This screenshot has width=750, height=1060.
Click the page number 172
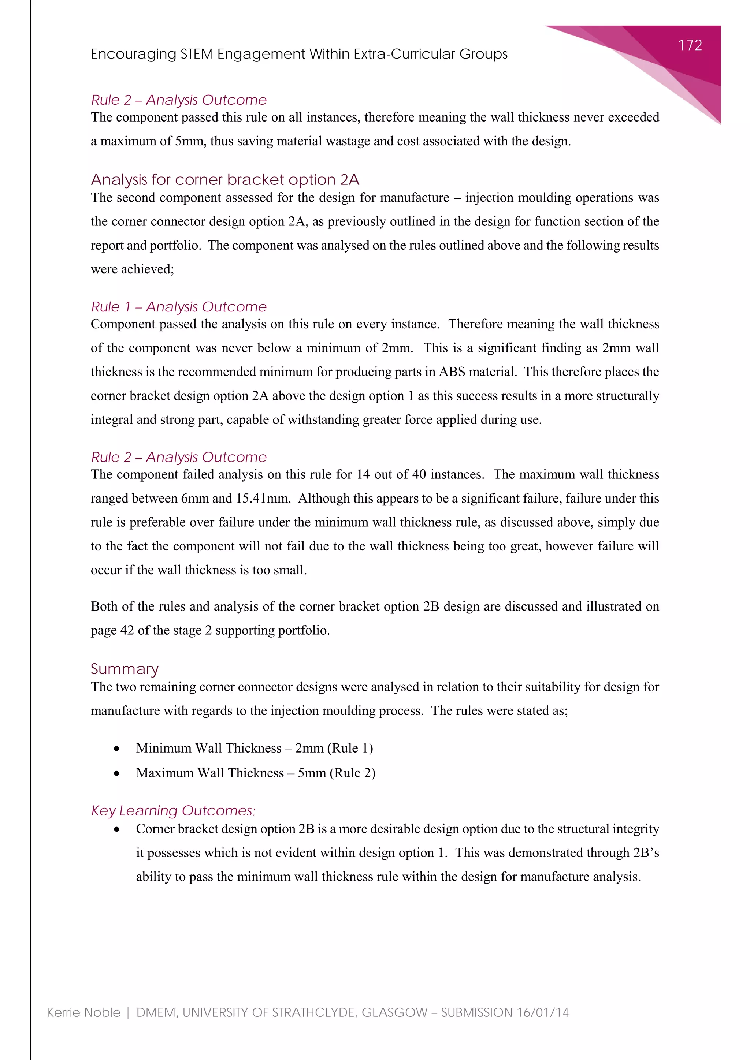point(690,45)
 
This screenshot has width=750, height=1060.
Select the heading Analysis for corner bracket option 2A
point(225,180)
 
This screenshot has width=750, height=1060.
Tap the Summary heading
point(125,669)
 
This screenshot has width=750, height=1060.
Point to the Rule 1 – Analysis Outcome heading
point(179,307)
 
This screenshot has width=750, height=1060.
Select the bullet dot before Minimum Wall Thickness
point(117,749)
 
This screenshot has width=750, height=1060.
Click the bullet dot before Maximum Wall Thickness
point(117,773)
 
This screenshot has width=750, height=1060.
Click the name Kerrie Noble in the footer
point(83,1012)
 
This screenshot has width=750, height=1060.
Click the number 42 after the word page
point(127,630)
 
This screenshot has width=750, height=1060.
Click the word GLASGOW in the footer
point(394,1012)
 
